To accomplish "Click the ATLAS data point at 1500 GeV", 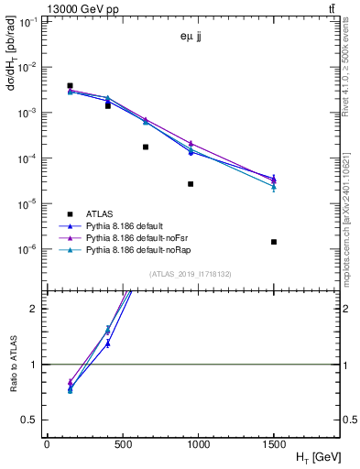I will click(274, 242).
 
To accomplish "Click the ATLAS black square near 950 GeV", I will click(191, 184).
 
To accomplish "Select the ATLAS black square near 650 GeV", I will click(146, 147).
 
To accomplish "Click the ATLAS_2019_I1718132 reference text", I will click(191, 273).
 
